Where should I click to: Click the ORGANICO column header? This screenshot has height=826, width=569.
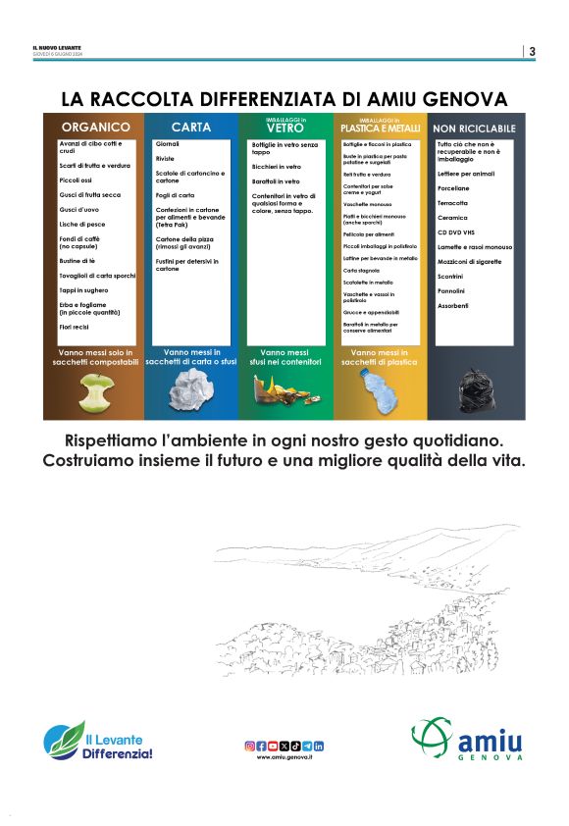pyautogui.click(x=95, y=128)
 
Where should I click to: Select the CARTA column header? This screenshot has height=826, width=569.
pyautogui.click(x=191, y=128)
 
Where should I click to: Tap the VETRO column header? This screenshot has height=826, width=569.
pyautogui.click(x=285, y=127)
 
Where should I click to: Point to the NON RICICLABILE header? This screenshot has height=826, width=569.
pyautogui.click(x=474, y=129)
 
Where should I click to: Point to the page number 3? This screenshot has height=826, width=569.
pyautogui.click(x=532, y=52)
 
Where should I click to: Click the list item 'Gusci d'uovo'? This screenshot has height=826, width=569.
pyautogui.click(x=79, y=209)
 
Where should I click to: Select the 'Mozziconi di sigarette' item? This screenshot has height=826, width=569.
pyautogui.click(x=469, y=262)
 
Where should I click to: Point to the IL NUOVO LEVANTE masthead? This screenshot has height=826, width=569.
pyautogui.click(x=57, y=48)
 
